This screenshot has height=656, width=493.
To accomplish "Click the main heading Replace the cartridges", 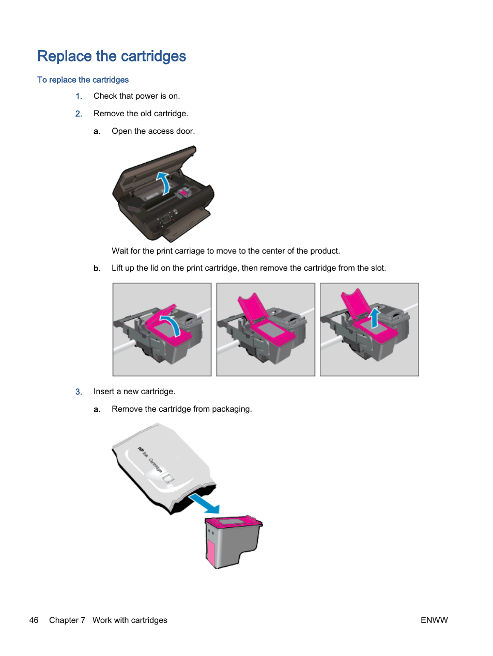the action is pos(112,56).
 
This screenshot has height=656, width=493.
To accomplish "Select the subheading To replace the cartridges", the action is pos(83,80).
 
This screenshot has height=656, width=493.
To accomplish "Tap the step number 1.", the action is pos(79,96).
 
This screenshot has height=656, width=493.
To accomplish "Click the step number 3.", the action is pos(79,392).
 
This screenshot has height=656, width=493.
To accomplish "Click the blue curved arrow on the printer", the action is pos(164,183).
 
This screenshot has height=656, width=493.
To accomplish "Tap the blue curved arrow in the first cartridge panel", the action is pos(171,324).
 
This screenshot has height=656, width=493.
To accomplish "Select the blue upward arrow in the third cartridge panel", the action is pos(375,318).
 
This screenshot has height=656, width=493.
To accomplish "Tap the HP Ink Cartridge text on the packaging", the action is pos(150,460).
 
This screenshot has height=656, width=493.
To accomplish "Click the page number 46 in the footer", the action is pos(34,620).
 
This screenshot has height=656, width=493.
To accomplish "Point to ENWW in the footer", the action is pos(434,620).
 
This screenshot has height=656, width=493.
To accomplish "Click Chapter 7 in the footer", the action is pos(67,620).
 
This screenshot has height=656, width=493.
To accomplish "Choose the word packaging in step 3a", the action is pos(232,409).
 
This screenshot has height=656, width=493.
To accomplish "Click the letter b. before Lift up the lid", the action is pos(97,269).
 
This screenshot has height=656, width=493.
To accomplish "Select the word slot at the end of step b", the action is pos(377,268).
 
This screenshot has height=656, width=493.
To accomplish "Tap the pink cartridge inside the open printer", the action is pos(182,193).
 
